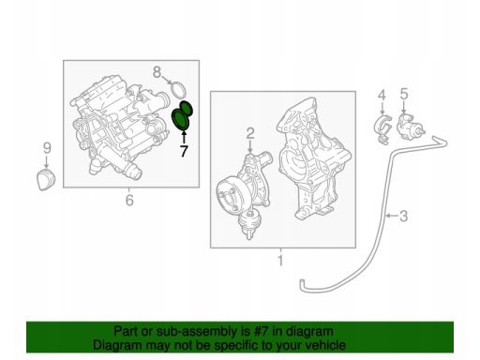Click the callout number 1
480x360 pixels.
pos(280,260)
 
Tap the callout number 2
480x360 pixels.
pos(250,133)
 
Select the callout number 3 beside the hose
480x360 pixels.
pos(404,216)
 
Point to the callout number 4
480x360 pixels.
pos(382,96)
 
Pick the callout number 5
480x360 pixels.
pos(404,94)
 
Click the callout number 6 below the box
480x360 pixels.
pos(129,200)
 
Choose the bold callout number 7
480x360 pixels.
pos(184,151)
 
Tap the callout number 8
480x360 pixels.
pos(157,72)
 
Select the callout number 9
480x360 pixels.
pos(47,148)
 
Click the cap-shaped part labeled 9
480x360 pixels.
pos(46,180)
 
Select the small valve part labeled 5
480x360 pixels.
pos(410,125)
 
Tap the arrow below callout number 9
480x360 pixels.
pos(47,162)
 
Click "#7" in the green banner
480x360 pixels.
pos(261,331)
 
